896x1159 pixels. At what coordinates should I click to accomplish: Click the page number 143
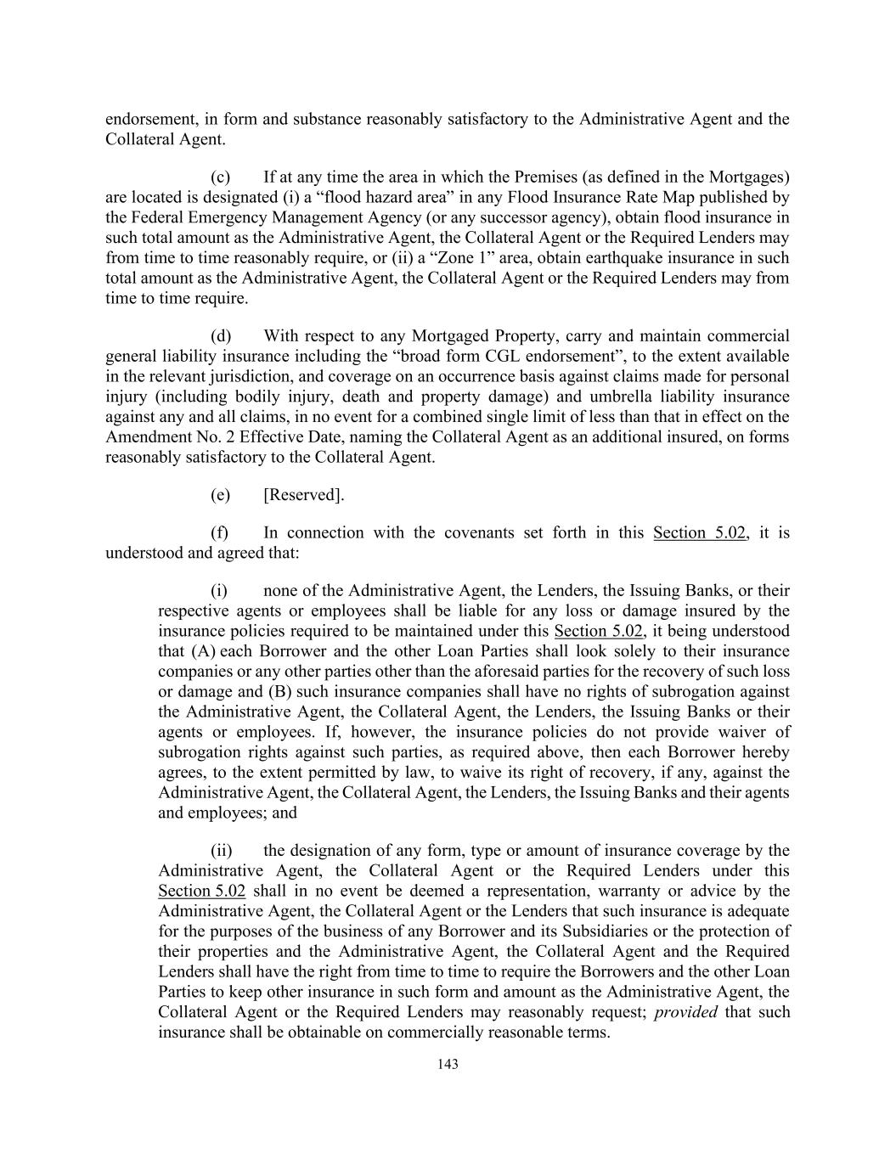point(448,1064)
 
